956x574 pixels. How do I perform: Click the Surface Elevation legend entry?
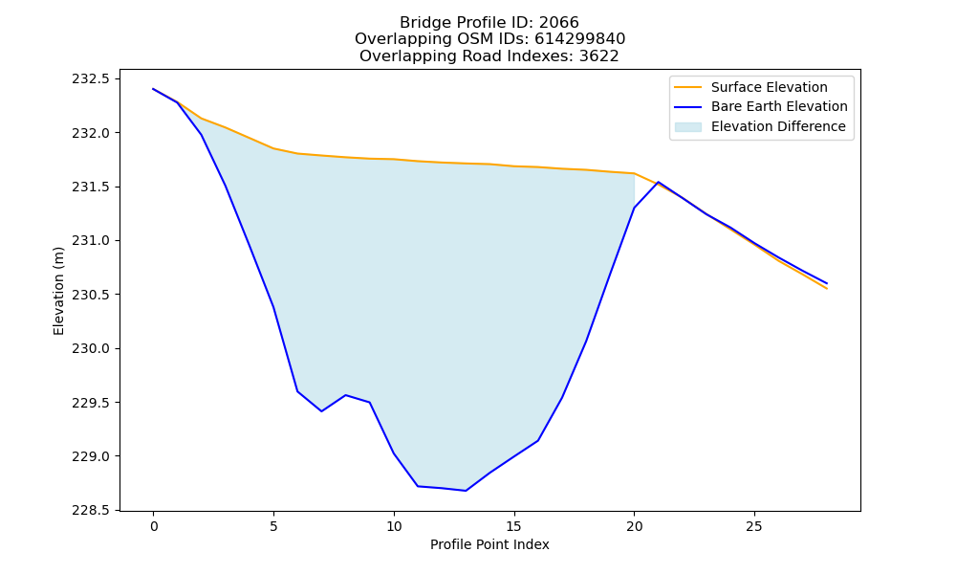(x=750, y=87)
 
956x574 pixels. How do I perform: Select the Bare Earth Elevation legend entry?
(x=761, y=107)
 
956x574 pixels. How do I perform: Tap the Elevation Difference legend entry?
(x=760, y=126)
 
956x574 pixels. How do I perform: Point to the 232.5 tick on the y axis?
(x=91, y=78)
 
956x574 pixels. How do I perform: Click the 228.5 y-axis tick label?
(x=91, y=511)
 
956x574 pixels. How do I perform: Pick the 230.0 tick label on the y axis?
(x=91, y=349)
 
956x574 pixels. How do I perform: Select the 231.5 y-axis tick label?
(x=91, y=187)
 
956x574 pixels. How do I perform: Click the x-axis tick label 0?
(x=154, y=526)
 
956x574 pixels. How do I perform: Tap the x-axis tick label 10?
(x=394, y=526)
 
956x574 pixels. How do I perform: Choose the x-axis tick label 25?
(x=754, y=526)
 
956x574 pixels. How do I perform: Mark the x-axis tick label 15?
(x=514, y=526)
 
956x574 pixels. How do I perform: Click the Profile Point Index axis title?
(x=489, y=544)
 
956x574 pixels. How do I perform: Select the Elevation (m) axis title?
(x=58, y=291)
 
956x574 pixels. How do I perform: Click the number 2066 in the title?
(x=559, y=23)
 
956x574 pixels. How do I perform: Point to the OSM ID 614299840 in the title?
(x=580, y=39)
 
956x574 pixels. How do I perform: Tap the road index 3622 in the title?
(x=598, y=56)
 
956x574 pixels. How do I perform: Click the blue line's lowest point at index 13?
(x=466, y=491)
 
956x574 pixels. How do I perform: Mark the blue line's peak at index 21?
(x=659, y=182)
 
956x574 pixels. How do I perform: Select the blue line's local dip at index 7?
(x=321, y=411)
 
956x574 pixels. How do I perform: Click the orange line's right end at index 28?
(x=827, y=288)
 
